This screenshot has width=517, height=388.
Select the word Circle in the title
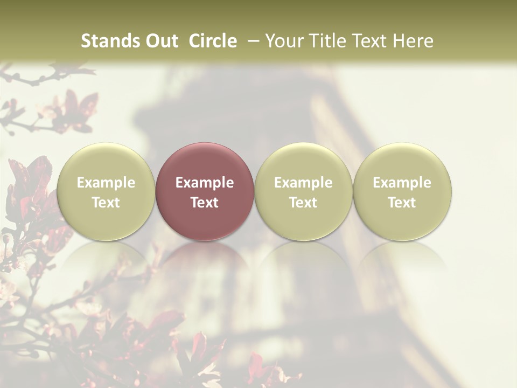(x=213, y=41)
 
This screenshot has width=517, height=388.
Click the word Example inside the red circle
(x=205, y=183)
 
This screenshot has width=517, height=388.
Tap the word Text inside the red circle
(x=205, y=203)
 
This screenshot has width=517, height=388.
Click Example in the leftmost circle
(x=106, y=183)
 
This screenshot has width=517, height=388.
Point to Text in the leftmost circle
(x=106, y=203)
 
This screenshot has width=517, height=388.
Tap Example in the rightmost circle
(x=402, y=183)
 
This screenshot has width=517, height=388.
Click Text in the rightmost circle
(x=402, y=203)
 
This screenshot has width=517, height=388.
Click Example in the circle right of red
(x=303, y=183)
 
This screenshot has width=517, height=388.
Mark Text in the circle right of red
(x=303, y=203)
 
